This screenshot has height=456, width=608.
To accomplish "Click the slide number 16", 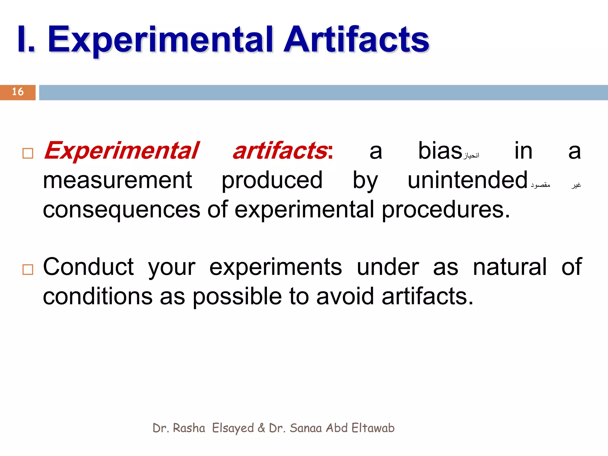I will pos(18,92).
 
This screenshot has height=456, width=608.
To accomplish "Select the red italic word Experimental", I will pos(121,151).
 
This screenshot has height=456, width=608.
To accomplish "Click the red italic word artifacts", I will pos(280,151).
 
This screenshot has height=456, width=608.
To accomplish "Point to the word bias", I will pos(440,151).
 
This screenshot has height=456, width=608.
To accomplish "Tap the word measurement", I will pos(118,180).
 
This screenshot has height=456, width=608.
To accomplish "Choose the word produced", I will pos(272,180).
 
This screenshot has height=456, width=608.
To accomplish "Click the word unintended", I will pos(467,180).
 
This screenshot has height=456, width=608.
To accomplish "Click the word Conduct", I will pos(88,267).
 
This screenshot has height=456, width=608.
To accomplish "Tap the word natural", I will pos(509,267).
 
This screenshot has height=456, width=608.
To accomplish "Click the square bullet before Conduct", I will pos(28,270).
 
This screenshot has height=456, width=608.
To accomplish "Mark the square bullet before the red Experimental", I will pos(28,153).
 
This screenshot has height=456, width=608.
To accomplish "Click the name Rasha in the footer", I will pos(189,428).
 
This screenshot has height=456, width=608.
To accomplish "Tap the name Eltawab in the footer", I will pos(373,428).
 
